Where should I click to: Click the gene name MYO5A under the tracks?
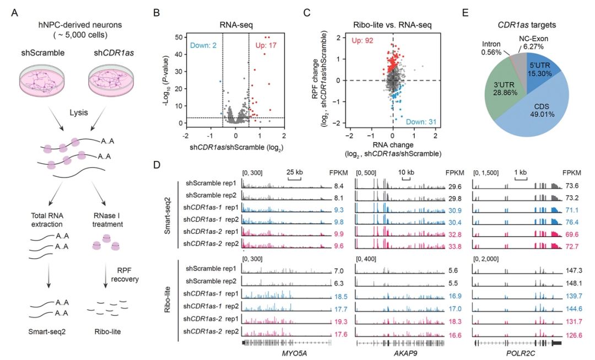(286, 353)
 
